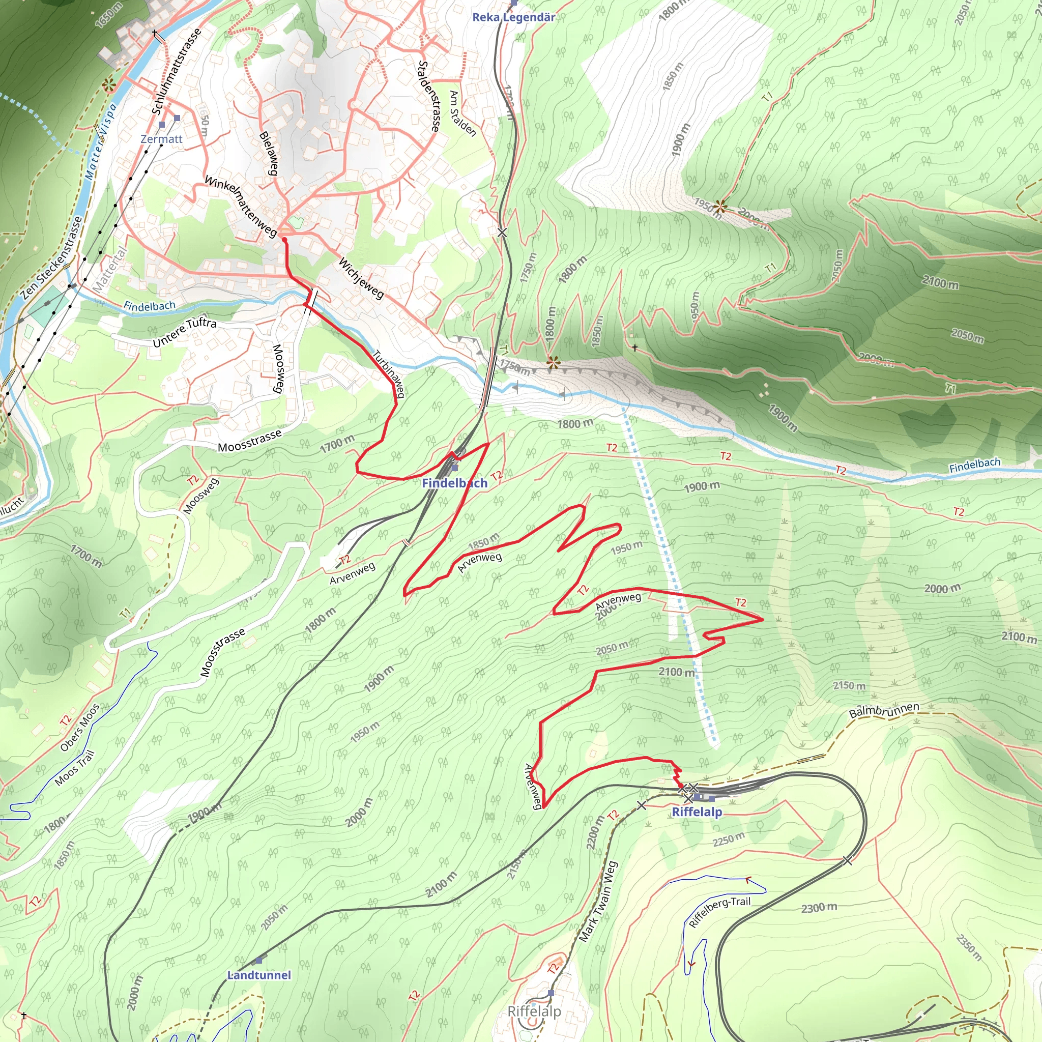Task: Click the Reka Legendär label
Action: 513,17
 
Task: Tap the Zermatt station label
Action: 161,139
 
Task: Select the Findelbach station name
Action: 454,483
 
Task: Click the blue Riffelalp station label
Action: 697,812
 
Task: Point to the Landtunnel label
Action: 259,975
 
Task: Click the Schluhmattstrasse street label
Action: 176,71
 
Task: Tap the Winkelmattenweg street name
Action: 241,206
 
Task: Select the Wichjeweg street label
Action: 361,278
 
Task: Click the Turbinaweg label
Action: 388,373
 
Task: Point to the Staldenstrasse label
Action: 429,96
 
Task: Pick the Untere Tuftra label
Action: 185,332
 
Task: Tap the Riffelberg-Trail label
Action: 719,911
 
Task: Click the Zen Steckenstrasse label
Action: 52,258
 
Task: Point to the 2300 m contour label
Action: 819,908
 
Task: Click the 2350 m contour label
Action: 969,947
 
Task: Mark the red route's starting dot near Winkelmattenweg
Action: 284,239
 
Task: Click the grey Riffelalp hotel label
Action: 534,1011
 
